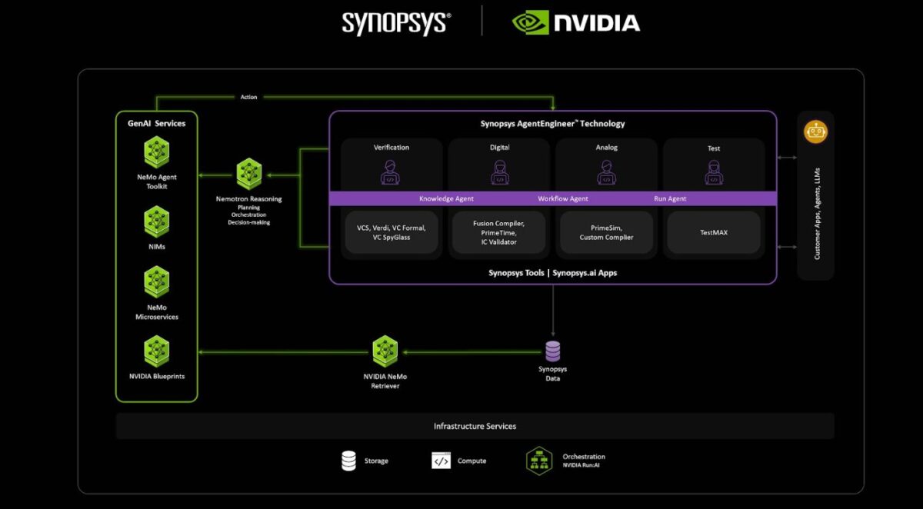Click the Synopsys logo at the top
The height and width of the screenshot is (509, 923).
tap(396, 22)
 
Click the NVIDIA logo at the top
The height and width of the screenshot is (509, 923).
tap(576, 22)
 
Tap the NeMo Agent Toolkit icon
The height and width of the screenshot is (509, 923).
tap(157, 151)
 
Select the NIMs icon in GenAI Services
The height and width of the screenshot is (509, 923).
tap(157, 221)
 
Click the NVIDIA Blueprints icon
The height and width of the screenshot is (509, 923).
tap(157, 351)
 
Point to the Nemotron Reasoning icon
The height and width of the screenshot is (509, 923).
tap(249, 174)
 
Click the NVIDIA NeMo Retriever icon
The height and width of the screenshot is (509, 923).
tap(385, 351)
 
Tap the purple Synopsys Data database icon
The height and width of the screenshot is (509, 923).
tap(552, 351)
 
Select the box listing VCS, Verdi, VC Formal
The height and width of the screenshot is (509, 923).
tap(392, 232)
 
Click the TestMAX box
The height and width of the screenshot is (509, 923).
tap(714, 232)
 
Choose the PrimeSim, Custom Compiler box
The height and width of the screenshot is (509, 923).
tap(606, 232)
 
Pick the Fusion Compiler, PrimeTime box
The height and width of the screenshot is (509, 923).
tap(499, 232)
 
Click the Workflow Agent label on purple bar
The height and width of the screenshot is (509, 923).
tap(562, 198)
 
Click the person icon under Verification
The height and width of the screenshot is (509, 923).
tap(392, 172)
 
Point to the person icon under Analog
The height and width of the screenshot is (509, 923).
tap(606, 172)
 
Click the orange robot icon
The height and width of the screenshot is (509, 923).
tap(815, 131)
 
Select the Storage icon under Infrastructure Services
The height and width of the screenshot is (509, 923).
tap(349, 461)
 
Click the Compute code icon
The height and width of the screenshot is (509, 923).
tap(441, 461)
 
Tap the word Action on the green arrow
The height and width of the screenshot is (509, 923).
tap(248, 97)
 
